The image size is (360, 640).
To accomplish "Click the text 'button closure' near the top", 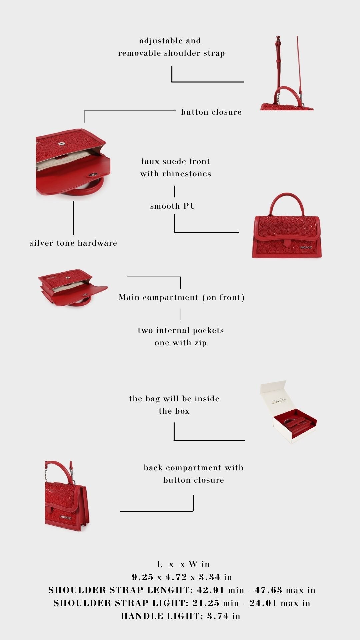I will click(211, 112).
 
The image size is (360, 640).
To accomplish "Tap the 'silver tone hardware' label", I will click(74, 243).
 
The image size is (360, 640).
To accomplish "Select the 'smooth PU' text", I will click(173, 206).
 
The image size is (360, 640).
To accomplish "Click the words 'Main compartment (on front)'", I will click(182, 297).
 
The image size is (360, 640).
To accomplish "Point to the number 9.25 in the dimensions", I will click(143, 577).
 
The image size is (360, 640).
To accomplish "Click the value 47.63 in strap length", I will click(268, 590).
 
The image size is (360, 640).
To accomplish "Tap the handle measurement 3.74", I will click(218, 616).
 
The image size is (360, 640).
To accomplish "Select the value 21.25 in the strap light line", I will click(206, 603).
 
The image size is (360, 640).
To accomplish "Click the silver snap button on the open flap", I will click(61, 144).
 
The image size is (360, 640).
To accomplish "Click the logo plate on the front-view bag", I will click(306, 248).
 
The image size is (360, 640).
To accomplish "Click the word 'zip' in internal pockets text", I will click(201, 343).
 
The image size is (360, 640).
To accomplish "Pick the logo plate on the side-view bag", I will click(65, 518).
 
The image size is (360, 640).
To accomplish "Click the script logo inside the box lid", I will click(279, 401).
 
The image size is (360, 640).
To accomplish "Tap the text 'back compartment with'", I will click(194, 468).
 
